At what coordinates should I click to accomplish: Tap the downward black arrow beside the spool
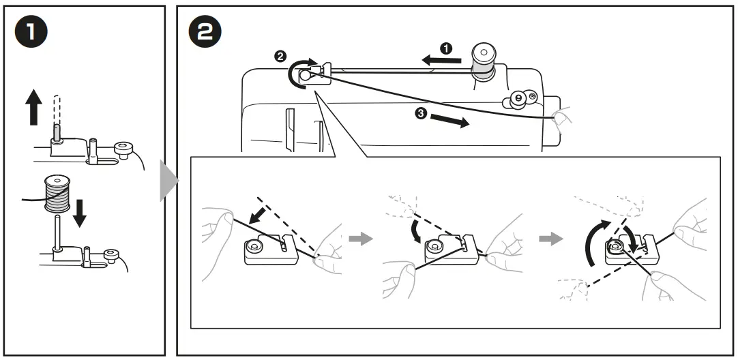pyautogui.click(x=80, y=212)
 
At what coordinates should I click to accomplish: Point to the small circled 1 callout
pyautogui.click(x=447, y=48)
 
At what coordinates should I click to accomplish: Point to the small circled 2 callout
pyautogui.click(x=280, y=57)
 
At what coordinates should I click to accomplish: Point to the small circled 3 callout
pyautogui.click(x=423, y=115)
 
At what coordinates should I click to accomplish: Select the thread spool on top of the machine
pyautogui.click(x=484, y=61)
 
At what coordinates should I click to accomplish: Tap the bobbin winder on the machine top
pyautogui.click(x=519, y=100)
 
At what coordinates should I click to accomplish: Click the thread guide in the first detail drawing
pyautogui.click(x=269, y=249)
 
